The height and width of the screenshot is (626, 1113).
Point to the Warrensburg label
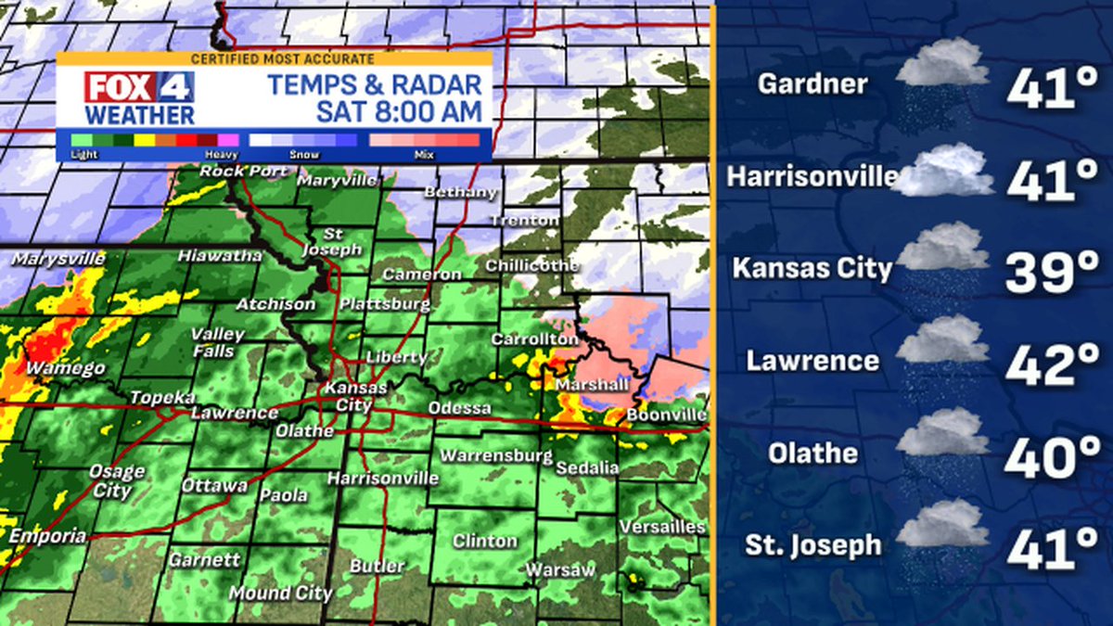point(495,456)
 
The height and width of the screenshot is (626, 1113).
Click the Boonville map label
point(666,415)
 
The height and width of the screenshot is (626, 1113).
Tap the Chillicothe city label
point(531,266)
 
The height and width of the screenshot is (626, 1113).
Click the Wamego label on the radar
point(65,369)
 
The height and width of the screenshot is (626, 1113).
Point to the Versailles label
point(662,527)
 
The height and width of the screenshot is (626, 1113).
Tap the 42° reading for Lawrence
point(1052,363)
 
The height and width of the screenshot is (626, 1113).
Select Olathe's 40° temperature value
point(1052,455)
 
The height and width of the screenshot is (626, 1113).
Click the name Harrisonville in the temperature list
point(812,176)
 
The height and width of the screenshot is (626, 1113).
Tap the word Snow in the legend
point(305,155)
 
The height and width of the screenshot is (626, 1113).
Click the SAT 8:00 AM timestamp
point(399,112)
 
